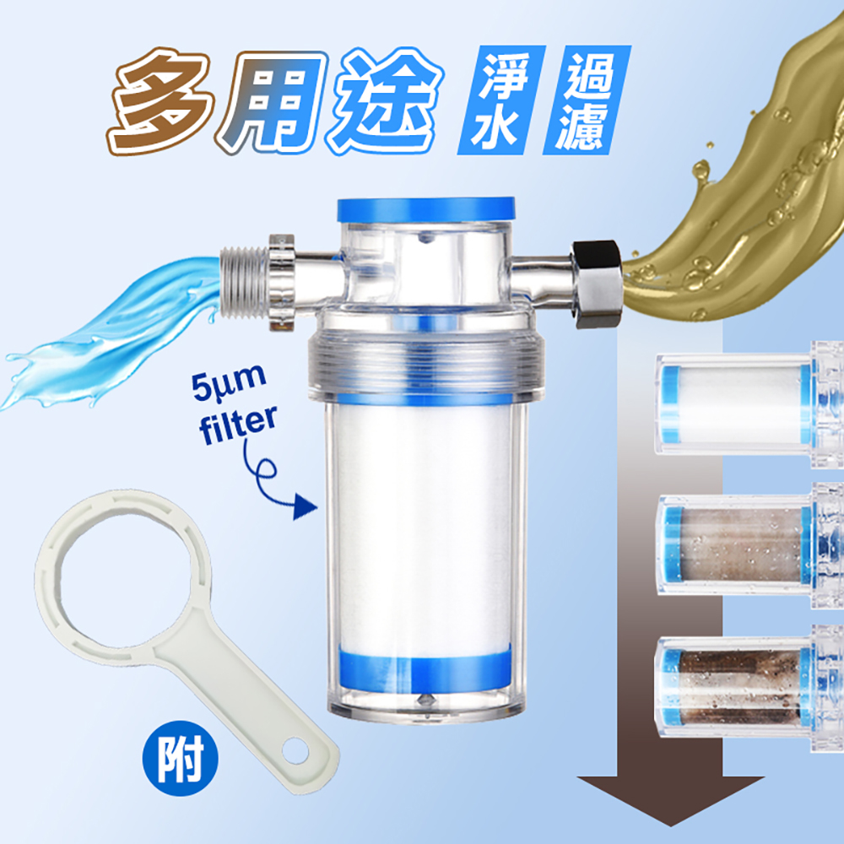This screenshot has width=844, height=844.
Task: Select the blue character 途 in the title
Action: (384, 101)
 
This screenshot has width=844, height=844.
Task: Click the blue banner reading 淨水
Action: (501, 100)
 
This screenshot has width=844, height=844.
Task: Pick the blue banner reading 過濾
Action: (587, 100)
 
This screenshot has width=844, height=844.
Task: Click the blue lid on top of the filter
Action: (425, 210)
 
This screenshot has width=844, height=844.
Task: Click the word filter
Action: (238, 425)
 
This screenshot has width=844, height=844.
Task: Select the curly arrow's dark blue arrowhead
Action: (305, 507)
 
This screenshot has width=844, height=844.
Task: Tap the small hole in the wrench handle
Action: (295, 752)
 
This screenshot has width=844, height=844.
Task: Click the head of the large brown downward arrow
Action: (670, 800)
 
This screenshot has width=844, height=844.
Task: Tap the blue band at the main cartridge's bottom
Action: (425, 671)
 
